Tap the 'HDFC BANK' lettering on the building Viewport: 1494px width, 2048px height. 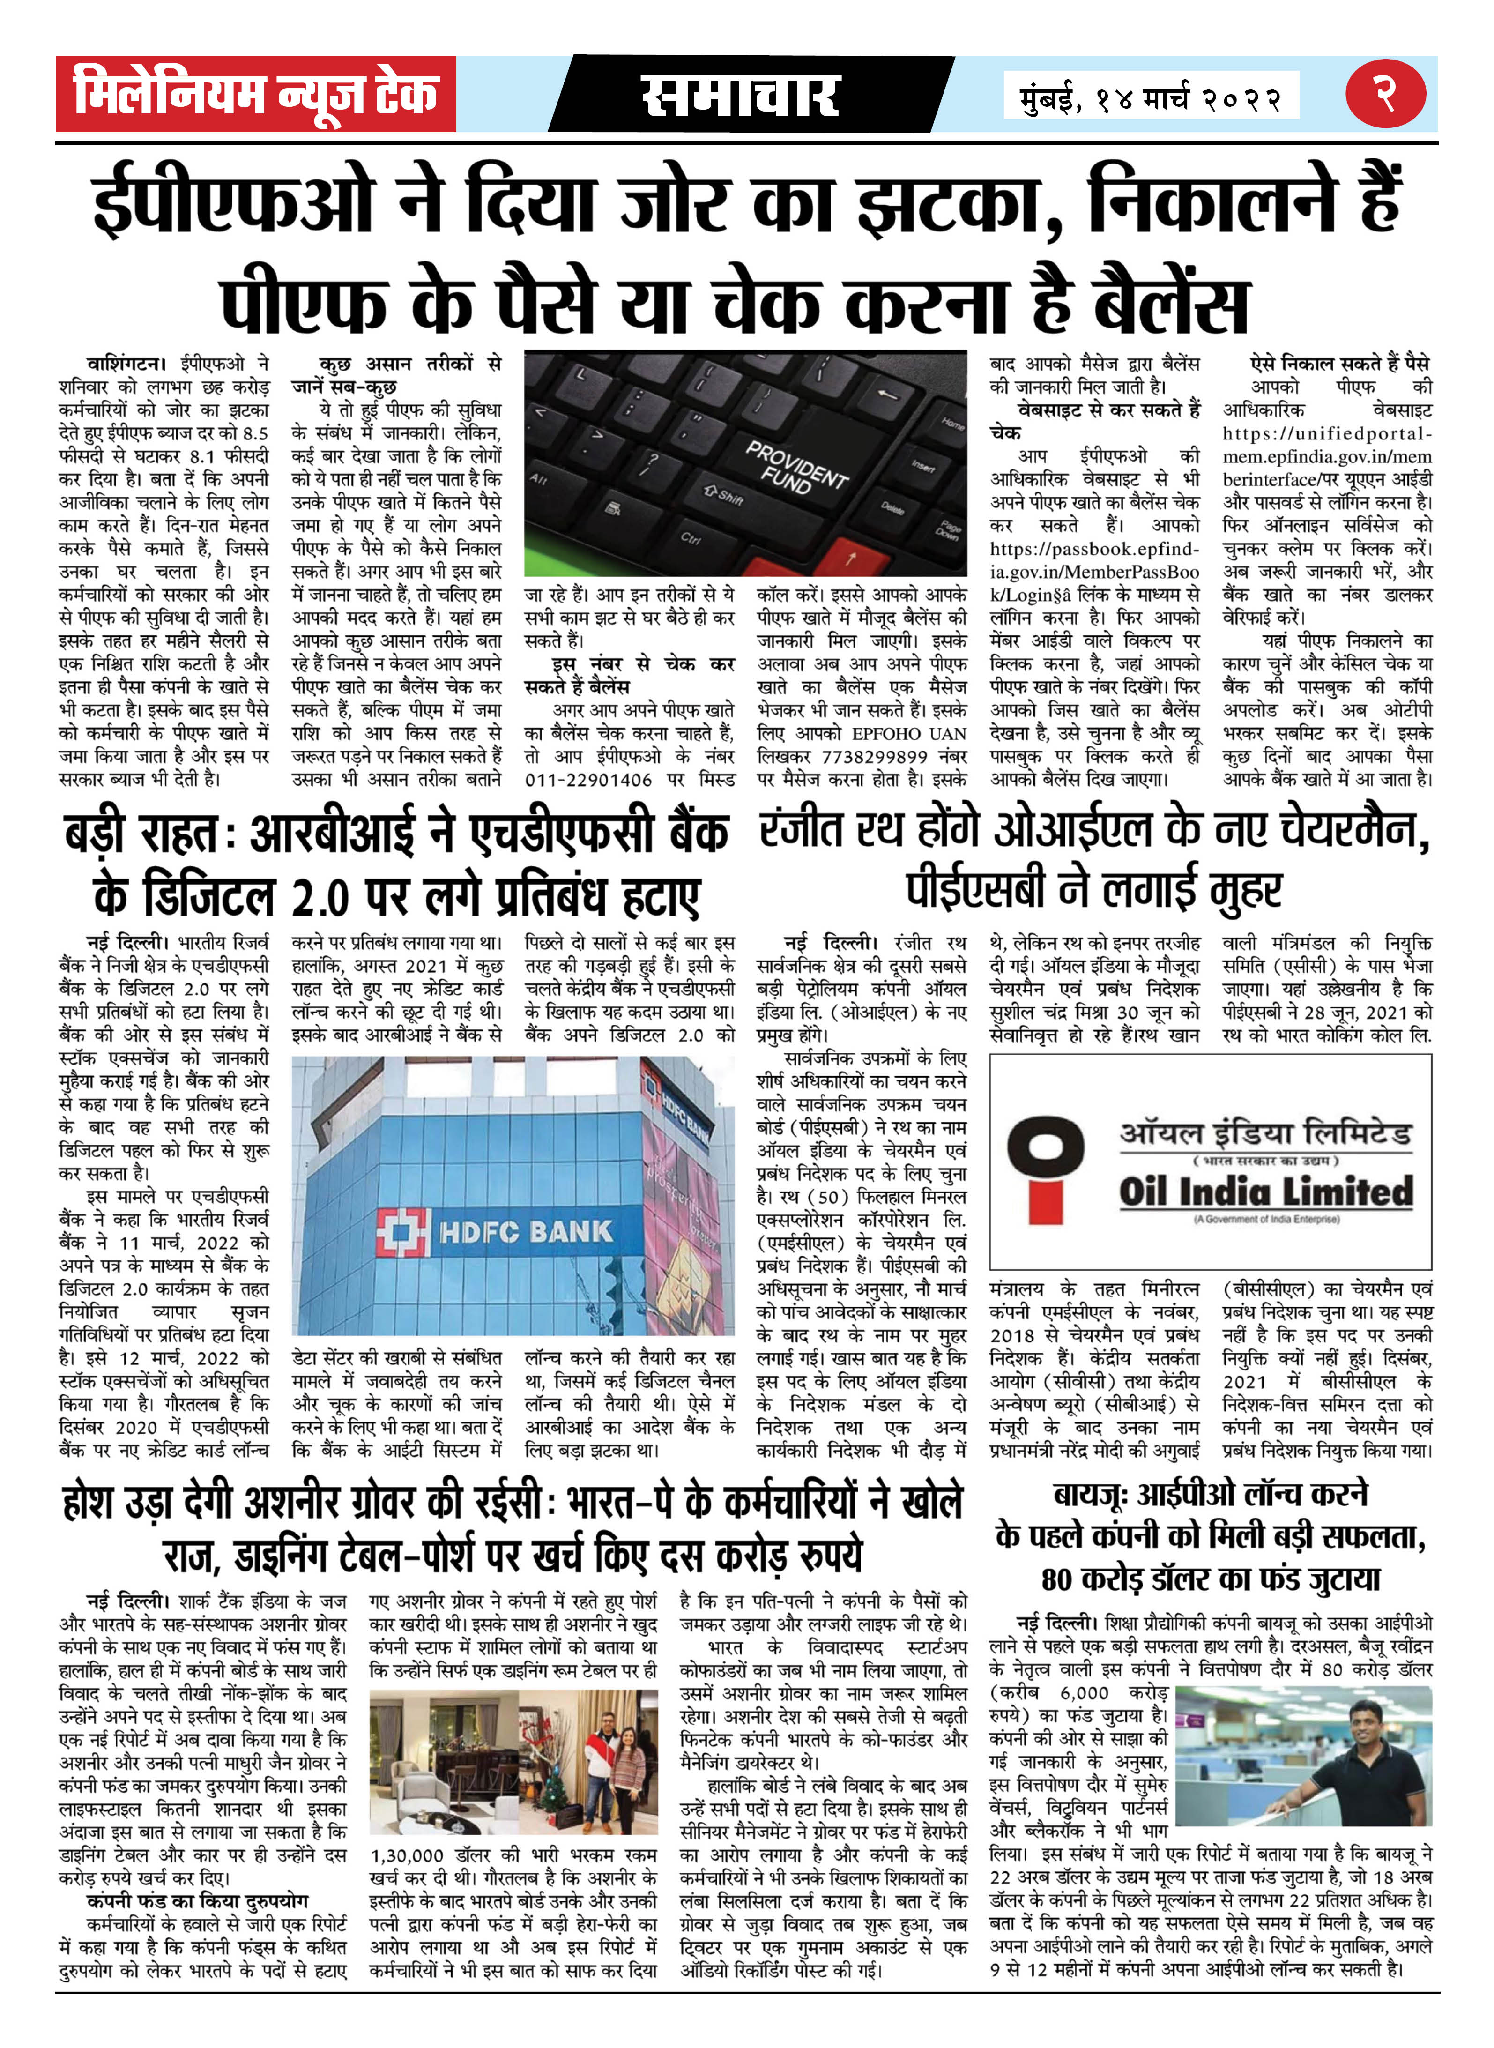[x=526, y=1232]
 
